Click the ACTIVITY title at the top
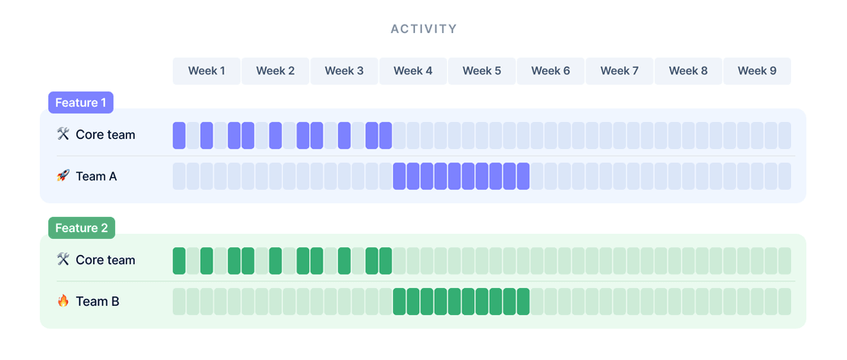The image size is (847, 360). coord(423,29)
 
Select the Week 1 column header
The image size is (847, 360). coord(207,71)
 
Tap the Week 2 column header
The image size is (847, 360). coord(275,71)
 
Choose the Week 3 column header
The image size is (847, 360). coord(344,71)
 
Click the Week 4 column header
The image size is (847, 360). coord(413,71)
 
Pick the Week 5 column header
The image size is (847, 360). coord(482,71)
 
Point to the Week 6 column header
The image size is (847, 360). coord(551,71)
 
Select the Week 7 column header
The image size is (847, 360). coord(619,71)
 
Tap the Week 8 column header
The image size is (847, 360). coord(688,71)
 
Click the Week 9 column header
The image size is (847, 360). coord(756,71)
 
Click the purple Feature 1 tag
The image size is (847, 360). coord(80,102)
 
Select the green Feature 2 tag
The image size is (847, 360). coord(81,228)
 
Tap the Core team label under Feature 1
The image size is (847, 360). coord(105,135)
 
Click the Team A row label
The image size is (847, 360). coord(96,176)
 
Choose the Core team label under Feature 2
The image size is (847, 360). coord(105,260)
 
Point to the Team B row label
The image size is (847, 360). coord(97,301)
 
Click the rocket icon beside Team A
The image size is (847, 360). coord(63,175)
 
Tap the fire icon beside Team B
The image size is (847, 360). coord(63,300)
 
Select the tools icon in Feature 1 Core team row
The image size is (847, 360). coord(63,134)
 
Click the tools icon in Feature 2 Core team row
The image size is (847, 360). coord(63,259)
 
